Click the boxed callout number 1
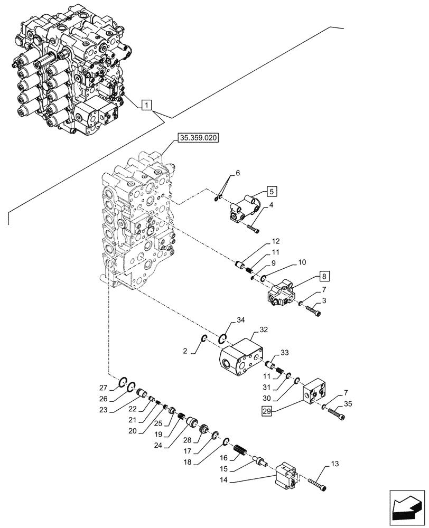click(146, 105)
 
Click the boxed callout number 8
click(325, 276)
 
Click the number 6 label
click(238, 173)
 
